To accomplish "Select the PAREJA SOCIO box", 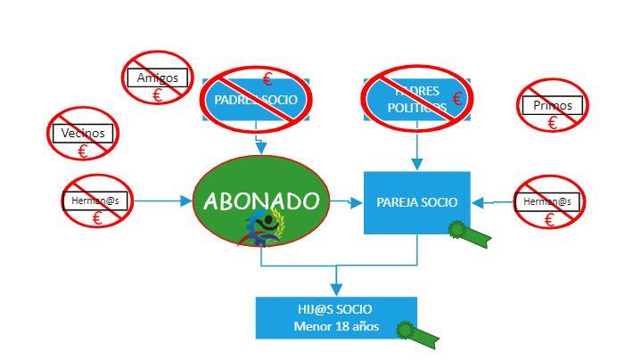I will (x=416, y=202).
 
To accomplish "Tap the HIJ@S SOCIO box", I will (x=336, y=317).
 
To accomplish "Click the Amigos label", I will (x=158, y=78).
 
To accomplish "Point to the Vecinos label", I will (x=83, y=134).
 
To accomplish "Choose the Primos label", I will (x=552, y=106).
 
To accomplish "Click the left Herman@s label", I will (x=96, y=201).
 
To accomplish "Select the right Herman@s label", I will (x=548, y=202).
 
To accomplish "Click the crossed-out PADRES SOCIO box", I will (x=256, y=100).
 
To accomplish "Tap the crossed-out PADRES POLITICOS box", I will (x=416, y=99).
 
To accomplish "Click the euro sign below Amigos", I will (x=158, y=94).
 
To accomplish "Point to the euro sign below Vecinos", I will (x=83, y=151).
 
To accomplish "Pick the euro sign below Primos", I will (x=552, y=123).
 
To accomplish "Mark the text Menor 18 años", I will (x=336, y=326).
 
